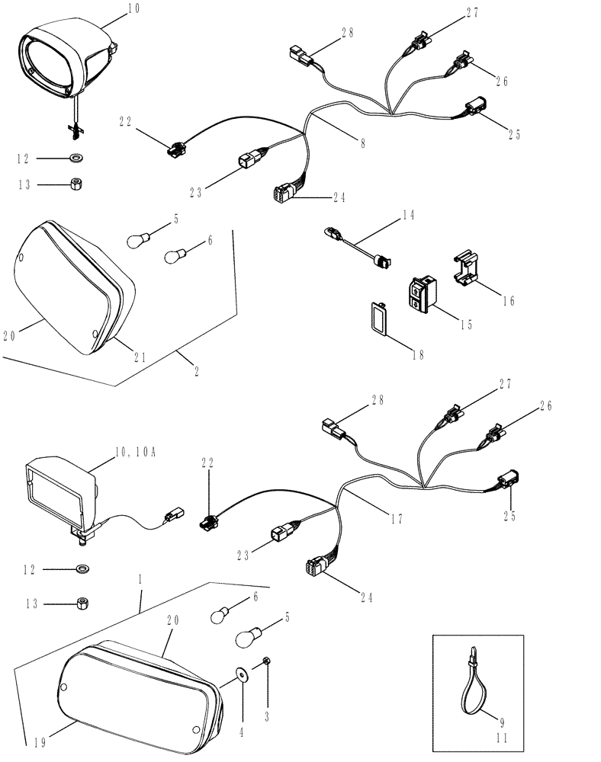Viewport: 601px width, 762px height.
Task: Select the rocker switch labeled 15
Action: (423, 293)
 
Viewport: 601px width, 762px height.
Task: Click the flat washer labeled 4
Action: (242, 673)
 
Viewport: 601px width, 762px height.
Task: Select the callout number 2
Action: (197, 372)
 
